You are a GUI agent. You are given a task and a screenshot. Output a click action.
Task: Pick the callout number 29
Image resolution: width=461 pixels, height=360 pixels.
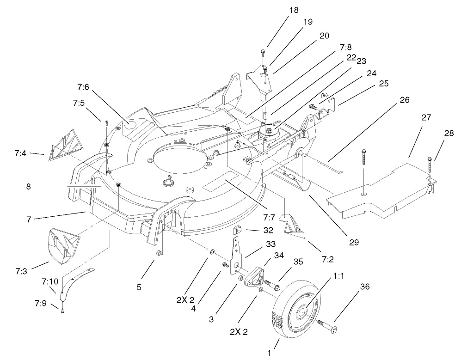[x=354, y=241]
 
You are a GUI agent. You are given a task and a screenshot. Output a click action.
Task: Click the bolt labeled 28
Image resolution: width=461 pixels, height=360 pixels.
[x=431, y=169]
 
